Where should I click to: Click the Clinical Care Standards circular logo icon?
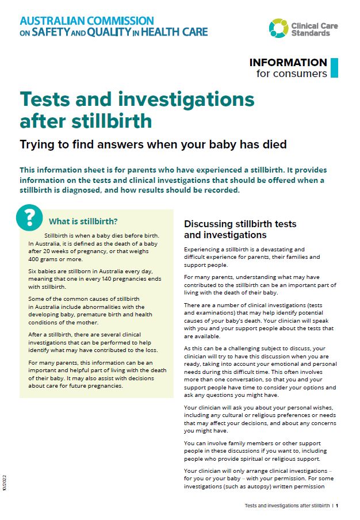tap(278, 27)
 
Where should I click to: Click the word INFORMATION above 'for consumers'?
tap(288, 62)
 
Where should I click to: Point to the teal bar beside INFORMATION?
tap(334, 67)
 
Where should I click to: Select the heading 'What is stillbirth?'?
tap(83, 221)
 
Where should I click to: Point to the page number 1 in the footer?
tap(337, 506)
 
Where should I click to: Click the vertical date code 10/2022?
tap(5, 483)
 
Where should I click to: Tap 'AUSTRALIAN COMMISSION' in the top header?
tap(86, 21)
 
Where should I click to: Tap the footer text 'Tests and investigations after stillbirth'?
tap(287, 506)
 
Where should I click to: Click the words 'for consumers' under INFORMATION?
tap(292, 73)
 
